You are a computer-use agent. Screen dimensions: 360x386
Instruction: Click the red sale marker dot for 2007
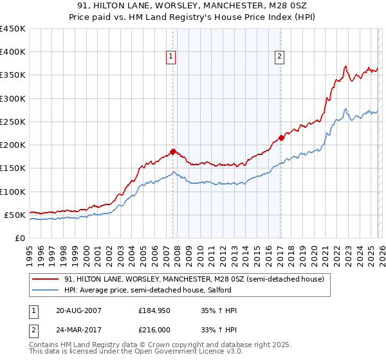(x=172, y=152)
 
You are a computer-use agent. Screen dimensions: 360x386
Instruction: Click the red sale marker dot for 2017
(x=281, y=138)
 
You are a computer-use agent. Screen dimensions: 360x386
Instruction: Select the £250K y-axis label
(x=13, y=122)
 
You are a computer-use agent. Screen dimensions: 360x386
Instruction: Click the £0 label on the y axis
(x=19, y=238)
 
